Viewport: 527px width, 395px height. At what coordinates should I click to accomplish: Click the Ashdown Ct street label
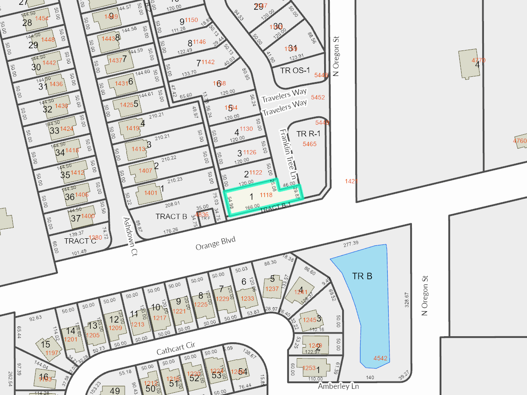click(x=130, y=237)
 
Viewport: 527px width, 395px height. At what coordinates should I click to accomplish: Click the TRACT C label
click(x=80, y=241)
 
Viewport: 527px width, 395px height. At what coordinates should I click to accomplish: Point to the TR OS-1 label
click(x=295, y=70)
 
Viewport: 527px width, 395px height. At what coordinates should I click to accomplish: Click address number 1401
click(x=150, y=193)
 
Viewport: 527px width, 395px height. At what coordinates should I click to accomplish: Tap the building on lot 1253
click(x=313, y=366)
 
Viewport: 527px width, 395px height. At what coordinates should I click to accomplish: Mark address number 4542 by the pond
click(x=380, y=358)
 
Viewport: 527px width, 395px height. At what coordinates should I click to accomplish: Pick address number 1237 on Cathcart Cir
click(x=272, y=288)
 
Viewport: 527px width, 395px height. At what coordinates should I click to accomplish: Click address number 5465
click(x=310, y=144)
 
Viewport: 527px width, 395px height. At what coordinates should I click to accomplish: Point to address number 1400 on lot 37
click(x=88, y=215)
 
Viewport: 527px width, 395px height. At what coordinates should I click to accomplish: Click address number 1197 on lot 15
click(x=52, y=353)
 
